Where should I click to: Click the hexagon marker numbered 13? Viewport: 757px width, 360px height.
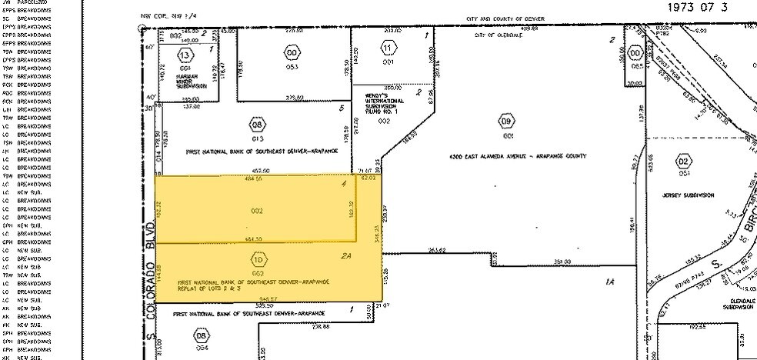(184, 55)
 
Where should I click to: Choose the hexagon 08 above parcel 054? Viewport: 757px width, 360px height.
(202, 336)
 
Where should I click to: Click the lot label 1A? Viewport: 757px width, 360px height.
(609, 282)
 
